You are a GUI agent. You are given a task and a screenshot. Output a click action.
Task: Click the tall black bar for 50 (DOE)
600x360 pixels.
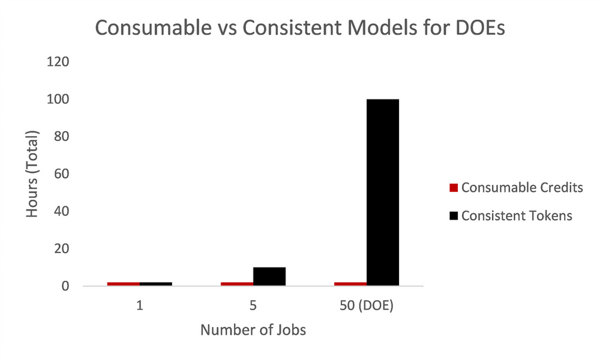tap(382, 192)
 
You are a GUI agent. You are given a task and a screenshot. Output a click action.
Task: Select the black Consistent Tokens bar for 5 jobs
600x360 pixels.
tap(269, 277)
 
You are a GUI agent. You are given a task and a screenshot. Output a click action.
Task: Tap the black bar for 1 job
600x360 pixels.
tap(156, 284)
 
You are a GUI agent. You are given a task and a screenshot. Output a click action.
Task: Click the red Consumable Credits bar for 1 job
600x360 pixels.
tap(124, 284)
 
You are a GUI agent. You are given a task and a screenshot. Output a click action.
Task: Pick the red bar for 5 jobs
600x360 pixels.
tap(237, 284)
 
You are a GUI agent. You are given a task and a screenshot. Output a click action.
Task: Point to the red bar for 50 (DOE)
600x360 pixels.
tap(350, 284)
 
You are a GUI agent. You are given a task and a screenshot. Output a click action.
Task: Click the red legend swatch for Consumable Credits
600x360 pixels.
tap(454, 188)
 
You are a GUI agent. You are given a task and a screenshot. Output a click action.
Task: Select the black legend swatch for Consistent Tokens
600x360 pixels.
tap(454, 216)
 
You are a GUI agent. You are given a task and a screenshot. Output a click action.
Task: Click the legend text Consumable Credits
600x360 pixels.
tap(522, 188)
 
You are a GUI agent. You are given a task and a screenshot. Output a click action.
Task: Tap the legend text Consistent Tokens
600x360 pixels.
tap(517, 216)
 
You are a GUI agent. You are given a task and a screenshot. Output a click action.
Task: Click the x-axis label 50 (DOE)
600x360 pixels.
tap(366, 306)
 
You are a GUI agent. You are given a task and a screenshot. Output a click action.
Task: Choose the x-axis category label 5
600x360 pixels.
tap(253, 306)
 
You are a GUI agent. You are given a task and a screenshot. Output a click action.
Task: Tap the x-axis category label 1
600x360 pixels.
tap(139, 306)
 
